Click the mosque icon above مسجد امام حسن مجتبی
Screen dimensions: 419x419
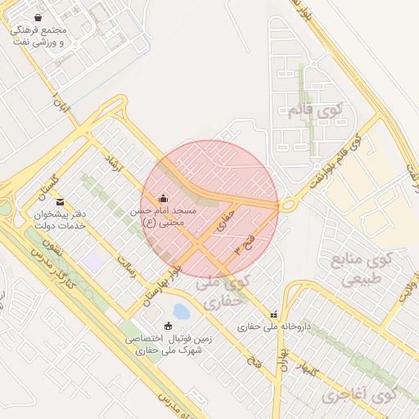click(162, 197)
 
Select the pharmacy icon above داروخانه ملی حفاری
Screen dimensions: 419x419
click(273, 313)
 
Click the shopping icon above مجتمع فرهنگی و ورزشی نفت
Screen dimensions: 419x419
click(38, 17)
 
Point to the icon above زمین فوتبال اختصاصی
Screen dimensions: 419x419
click(169, 325)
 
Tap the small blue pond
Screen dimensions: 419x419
click(182, 312)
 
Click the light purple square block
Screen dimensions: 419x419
click(93, 263)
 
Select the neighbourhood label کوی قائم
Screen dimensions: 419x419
click(318, 110)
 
